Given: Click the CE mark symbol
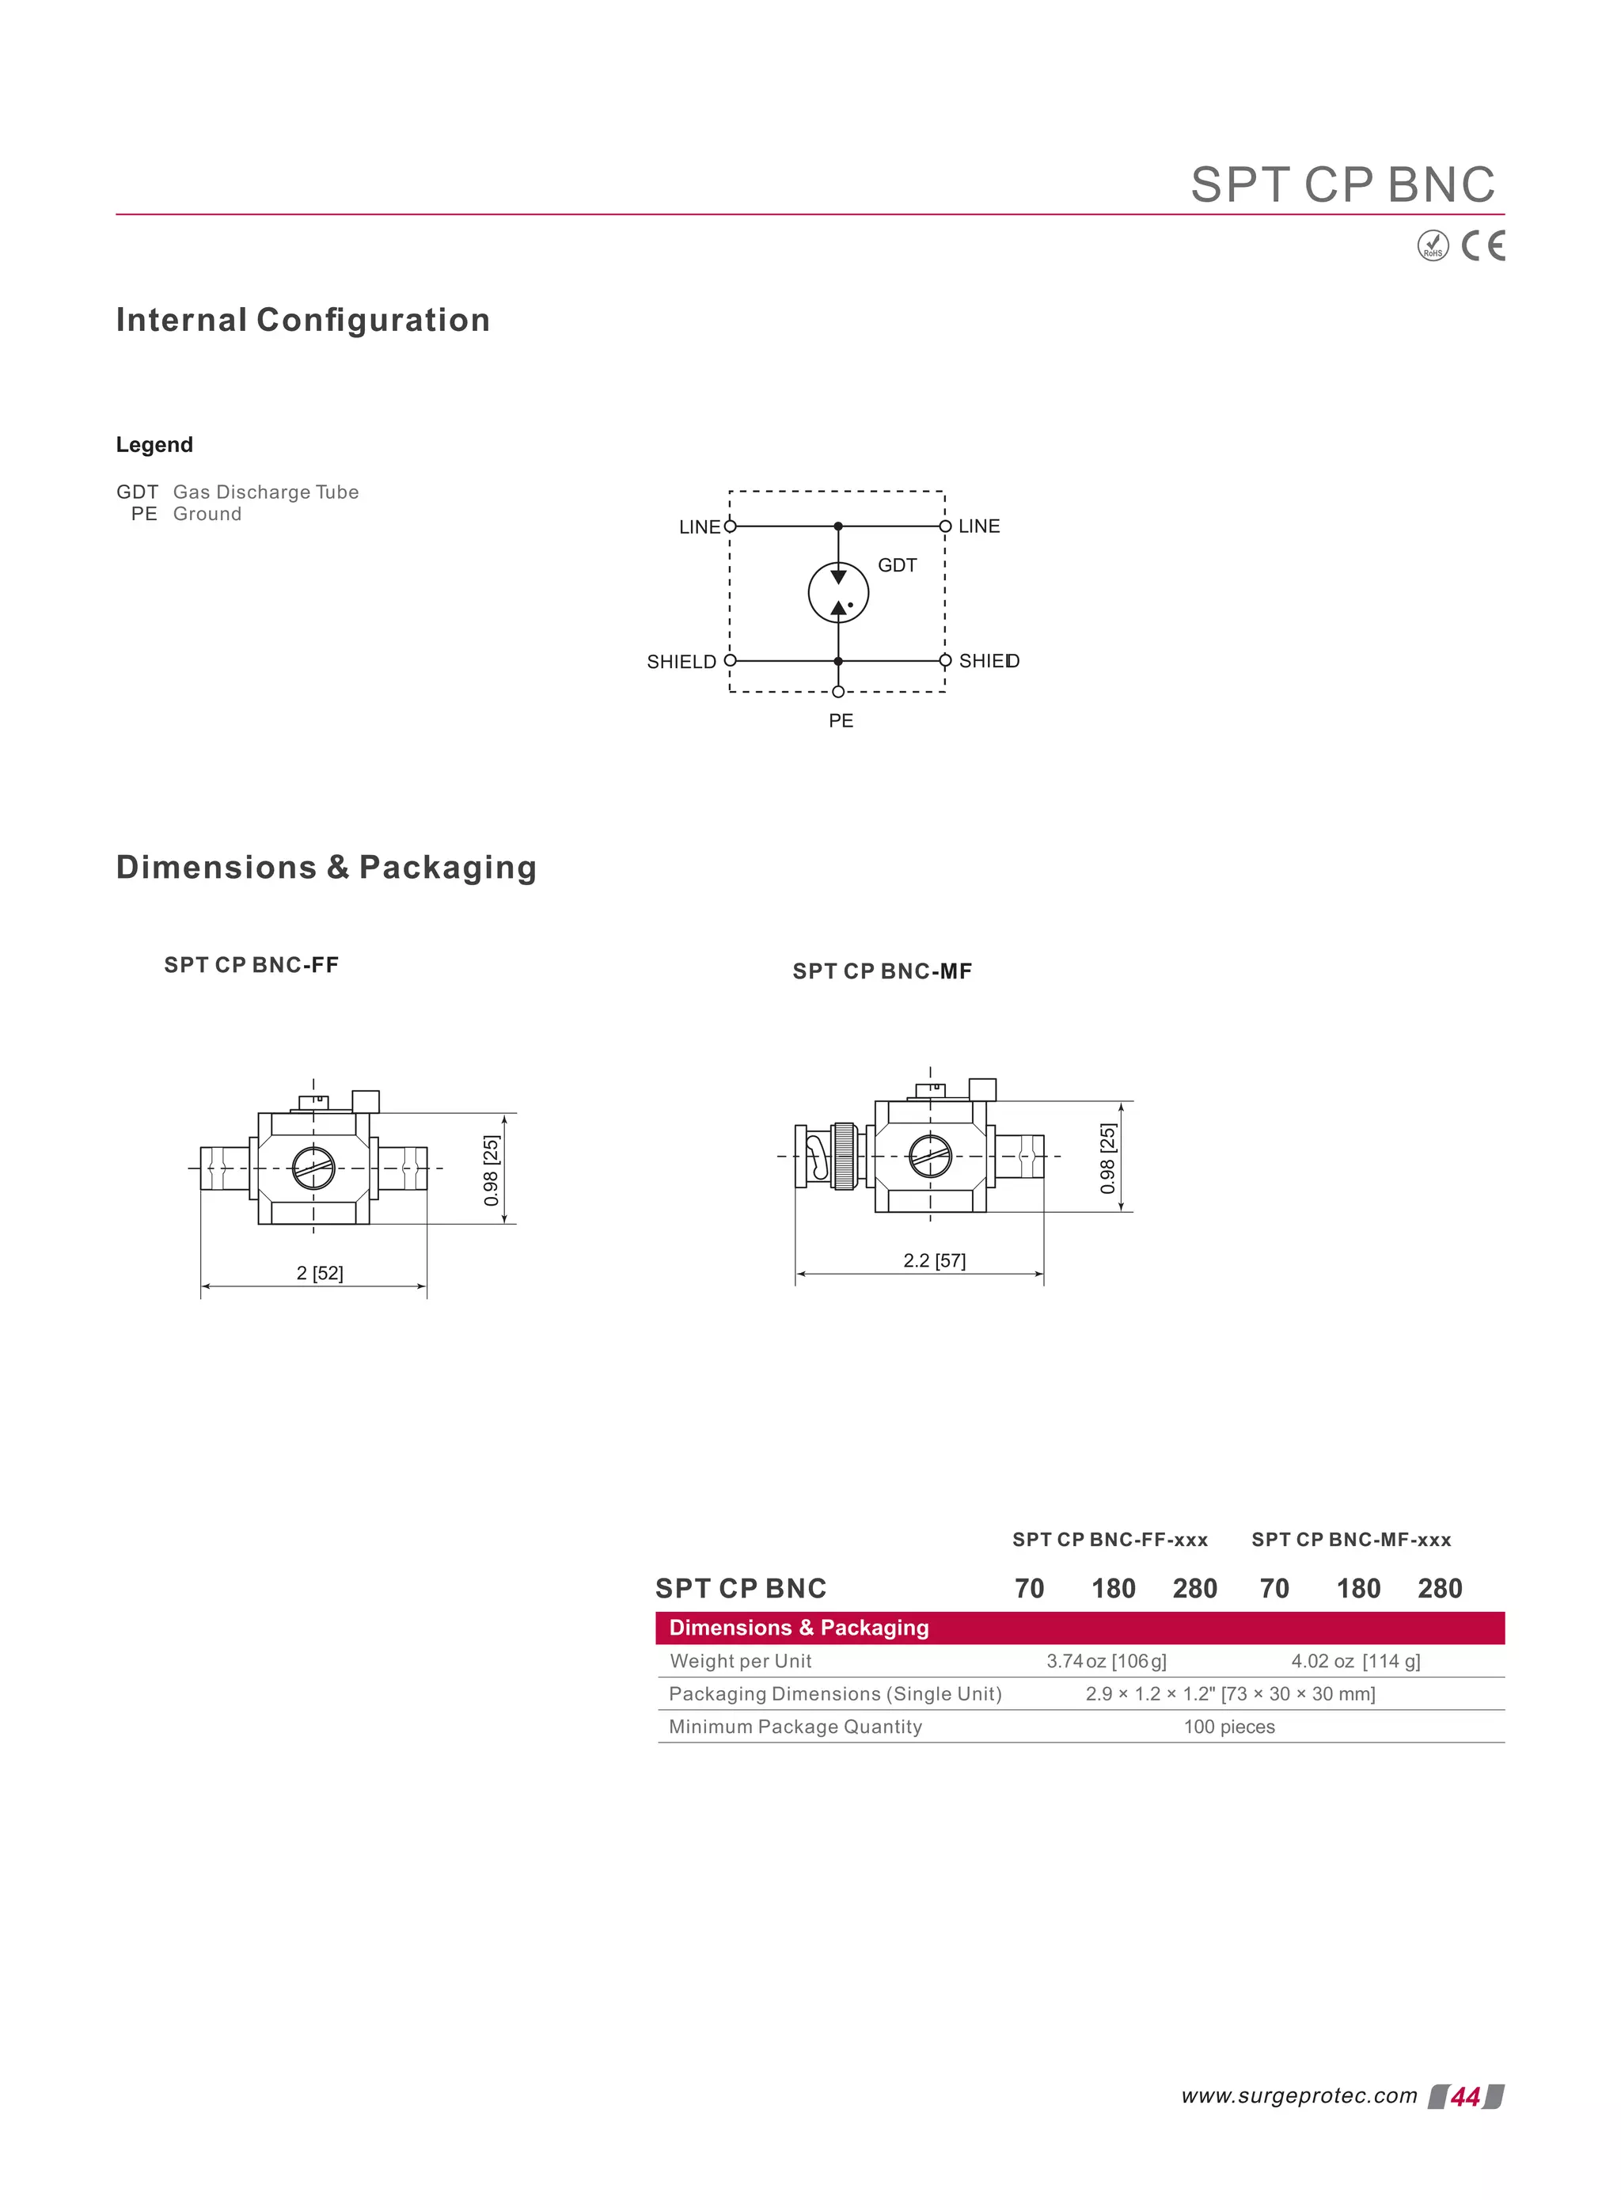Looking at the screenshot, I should coord(1482,245).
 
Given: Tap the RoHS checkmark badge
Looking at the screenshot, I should coord(1433,245).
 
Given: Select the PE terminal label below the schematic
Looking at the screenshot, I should coord(841,721).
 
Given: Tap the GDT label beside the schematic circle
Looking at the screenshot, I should coord(897,565).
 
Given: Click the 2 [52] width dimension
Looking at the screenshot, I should coord(320,1274).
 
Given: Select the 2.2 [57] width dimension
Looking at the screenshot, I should coord(934,1261).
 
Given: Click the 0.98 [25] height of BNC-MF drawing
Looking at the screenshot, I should coord(1108,1158).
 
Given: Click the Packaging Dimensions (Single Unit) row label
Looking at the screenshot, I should coord(835,1693).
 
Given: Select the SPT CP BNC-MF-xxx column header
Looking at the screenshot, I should coord(1351,1540).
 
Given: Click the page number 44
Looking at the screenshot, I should coord(1465,2097).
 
